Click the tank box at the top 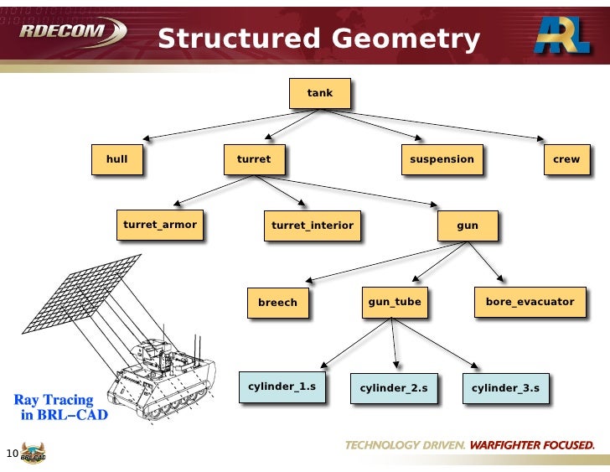click(x=320, y=93)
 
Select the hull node click(x=117, y=159)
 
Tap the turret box click(x=254, y=159)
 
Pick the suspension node click(x=442, y=159)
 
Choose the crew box click(x=566, y=159)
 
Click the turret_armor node click(x=159, y=225)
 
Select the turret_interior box click(x=313, y=226)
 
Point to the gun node click(x=467, y=226)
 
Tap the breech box click(x=277, y=303)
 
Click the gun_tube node click(x=395, y=301)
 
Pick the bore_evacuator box click(x=530, y=301)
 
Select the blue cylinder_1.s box click(x=282, y=386)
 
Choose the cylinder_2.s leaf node click(x=394, y=388)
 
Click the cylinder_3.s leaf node click(x=505, y=388)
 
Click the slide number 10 click(x=12, y=454)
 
